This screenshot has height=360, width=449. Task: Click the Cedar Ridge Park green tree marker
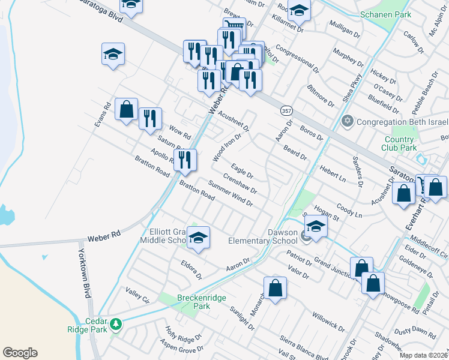point(116,325)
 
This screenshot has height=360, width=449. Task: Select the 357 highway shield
point(285,111)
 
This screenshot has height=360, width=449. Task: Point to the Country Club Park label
point(400,143)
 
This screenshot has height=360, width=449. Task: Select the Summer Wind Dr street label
point(231,193)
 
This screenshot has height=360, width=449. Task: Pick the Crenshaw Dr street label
point(240,183)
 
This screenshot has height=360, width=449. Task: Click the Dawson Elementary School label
point(262,236)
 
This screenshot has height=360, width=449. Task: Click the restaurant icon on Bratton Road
point(185,160)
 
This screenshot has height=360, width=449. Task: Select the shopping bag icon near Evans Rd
point(126,110)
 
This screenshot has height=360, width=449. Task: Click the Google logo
point(20,353)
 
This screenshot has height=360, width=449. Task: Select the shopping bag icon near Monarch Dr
point(274,289)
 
